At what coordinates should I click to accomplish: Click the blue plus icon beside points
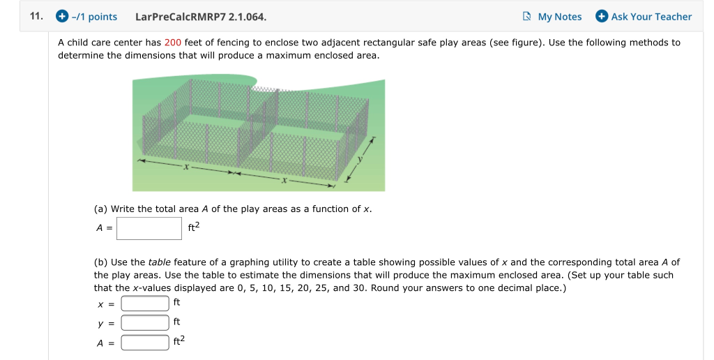point(61,16)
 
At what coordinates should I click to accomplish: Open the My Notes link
point(559,17)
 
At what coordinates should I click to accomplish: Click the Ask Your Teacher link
point(651,17)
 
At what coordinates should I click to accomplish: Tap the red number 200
point(173,43)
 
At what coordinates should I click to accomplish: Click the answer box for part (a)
point(149,227)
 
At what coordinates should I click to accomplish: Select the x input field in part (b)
point(145,303)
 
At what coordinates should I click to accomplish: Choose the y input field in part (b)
point(145,322)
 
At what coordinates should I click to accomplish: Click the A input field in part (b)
point(145,342)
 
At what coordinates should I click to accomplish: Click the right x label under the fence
point(284,180)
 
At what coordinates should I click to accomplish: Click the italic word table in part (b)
point(160,262)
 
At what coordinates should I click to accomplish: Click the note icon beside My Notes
point(527,16)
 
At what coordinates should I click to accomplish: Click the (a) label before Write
point(101,209)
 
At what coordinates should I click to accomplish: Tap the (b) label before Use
point(101,262)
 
